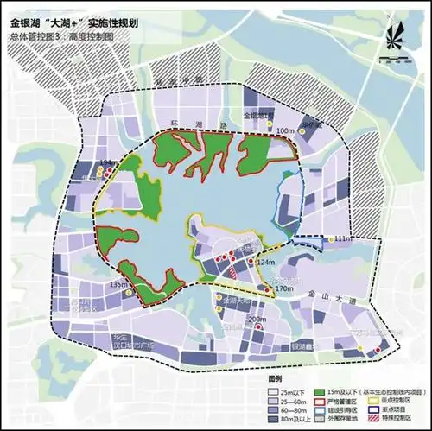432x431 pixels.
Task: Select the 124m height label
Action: coord(265,262)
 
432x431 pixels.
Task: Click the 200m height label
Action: coord(257,320)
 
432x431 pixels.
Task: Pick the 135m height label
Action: coord(119,284)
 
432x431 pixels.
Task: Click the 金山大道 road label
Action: coord(325,295)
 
